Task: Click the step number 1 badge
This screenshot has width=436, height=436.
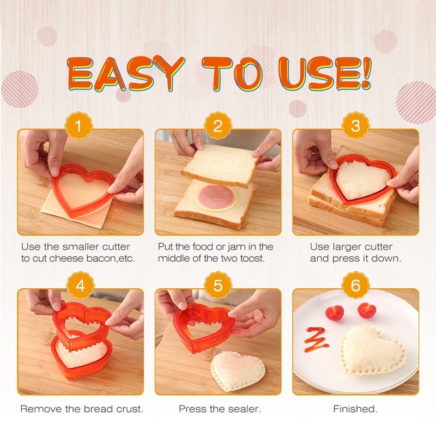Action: [78, 125]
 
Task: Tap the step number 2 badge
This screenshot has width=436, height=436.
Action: [217, 125]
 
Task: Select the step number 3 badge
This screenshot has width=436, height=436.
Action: [355, 125]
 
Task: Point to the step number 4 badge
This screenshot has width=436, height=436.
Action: [80, 285]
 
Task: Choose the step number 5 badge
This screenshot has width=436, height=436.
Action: [217, 285]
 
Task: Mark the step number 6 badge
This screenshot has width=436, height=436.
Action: [355, 285]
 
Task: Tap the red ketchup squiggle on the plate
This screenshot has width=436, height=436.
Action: [317, 339]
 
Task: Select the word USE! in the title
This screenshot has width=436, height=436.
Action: [325, 74]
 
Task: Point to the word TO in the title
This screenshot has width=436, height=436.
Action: [232, 74]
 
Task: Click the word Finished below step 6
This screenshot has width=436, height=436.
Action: [355, 409]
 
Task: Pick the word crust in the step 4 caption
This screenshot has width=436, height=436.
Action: [130, 409]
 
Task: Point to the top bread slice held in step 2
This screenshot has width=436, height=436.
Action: [221, 165]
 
